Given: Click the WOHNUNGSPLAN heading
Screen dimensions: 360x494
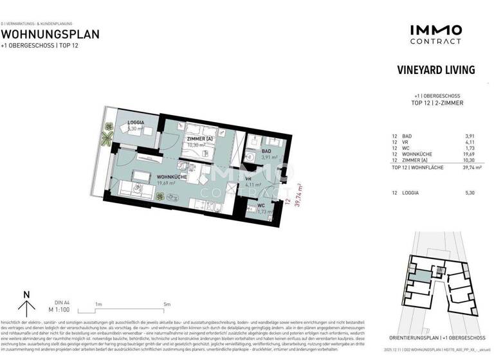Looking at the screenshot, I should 50,34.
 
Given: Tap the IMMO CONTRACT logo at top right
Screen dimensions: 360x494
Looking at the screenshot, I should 435,33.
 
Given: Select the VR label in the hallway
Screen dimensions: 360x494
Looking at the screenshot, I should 248,180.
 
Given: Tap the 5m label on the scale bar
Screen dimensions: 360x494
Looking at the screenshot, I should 167,304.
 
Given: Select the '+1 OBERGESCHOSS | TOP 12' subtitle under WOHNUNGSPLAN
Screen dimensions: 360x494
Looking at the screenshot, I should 41,46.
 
